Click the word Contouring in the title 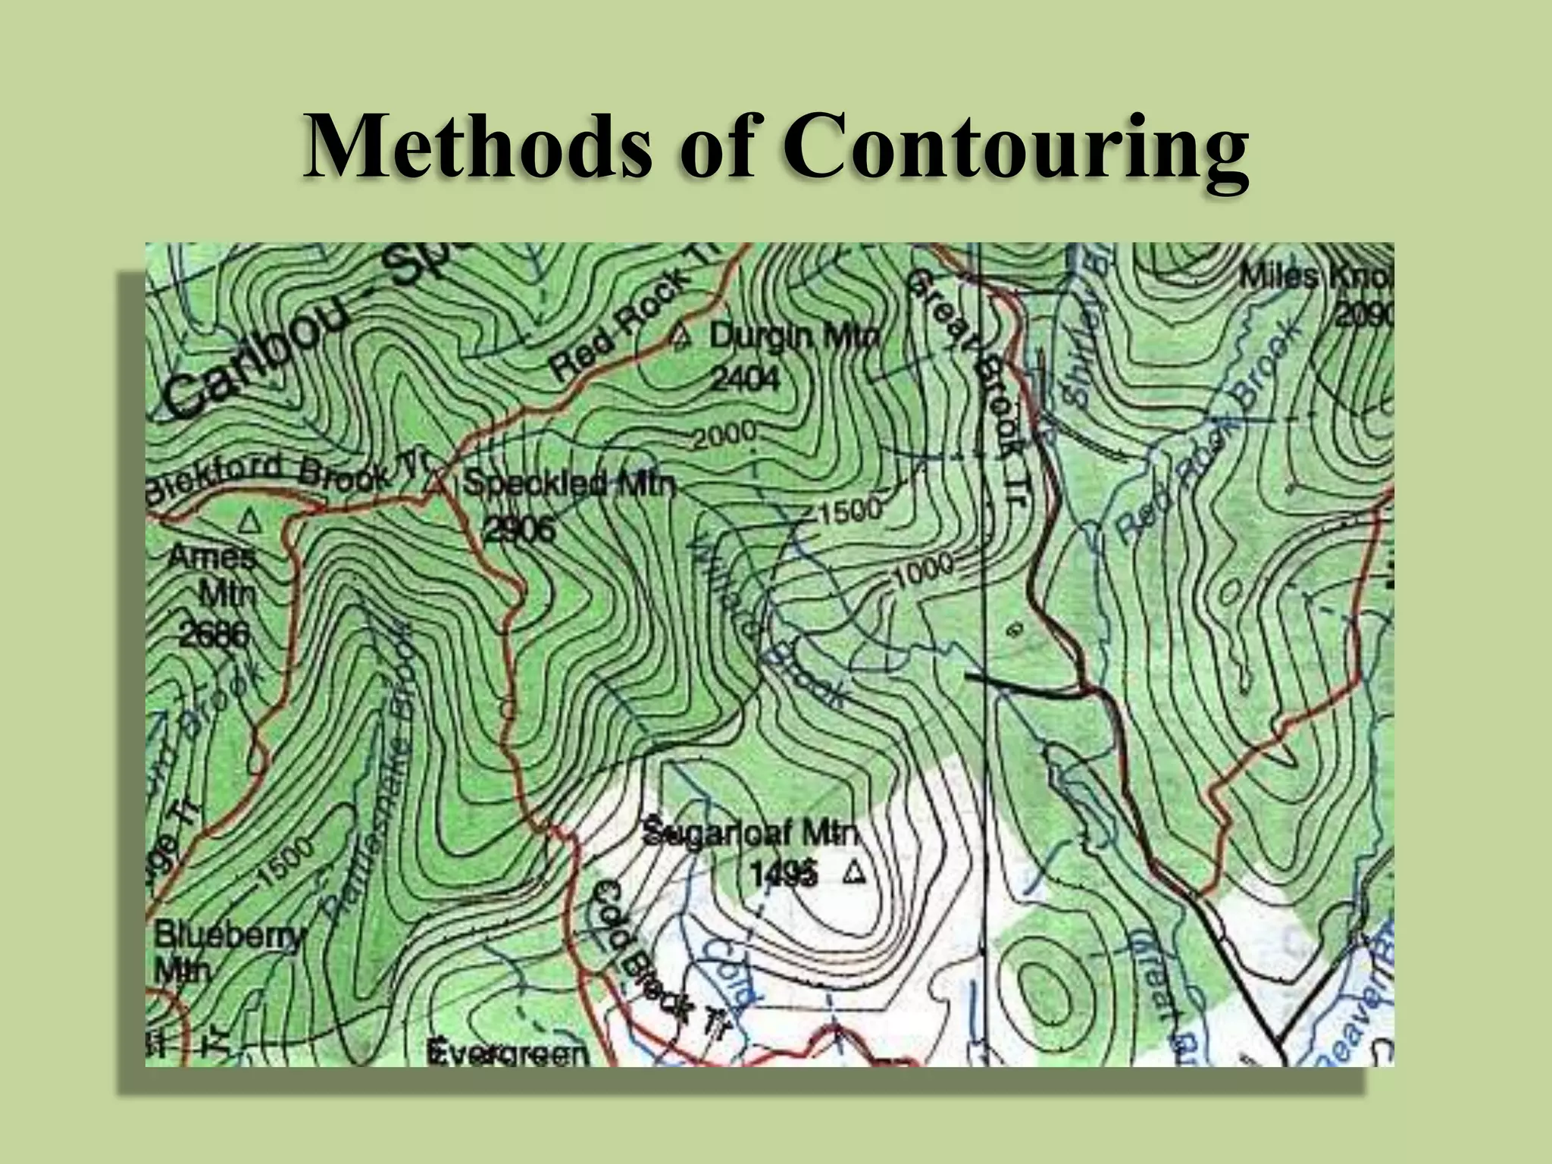(x=1015, y=145)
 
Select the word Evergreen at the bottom (x=507, y=1053)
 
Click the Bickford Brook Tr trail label (x=288, y=474)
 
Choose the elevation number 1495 (x=784, y=875)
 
